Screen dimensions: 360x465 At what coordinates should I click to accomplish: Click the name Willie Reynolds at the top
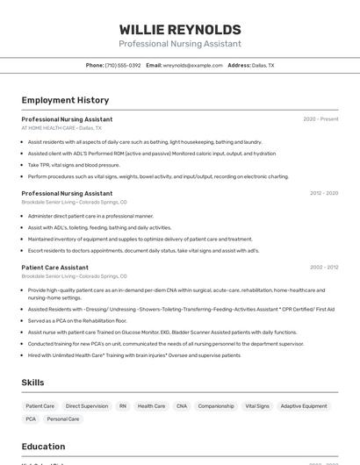180,30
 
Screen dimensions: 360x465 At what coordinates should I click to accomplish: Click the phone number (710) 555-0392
123,65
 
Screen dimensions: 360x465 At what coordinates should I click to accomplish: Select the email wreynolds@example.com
192,65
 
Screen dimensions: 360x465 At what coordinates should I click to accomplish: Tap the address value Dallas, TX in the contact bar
263,65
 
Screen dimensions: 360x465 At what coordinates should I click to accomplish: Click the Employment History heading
65,100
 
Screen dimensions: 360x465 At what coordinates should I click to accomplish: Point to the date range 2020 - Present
320,119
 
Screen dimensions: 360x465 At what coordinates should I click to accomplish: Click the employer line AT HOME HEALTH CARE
48,128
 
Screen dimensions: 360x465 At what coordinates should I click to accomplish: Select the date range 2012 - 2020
324,193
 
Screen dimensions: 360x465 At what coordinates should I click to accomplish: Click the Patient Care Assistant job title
54,267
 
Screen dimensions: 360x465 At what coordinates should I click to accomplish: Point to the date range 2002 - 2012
324,267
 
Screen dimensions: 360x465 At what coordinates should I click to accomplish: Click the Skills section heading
32,383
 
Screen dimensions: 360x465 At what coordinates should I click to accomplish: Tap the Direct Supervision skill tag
87,406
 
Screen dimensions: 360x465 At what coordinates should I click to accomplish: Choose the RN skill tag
123,406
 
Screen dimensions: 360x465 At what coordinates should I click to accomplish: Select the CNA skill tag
182,406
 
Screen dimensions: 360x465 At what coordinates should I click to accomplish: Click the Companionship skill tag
216,406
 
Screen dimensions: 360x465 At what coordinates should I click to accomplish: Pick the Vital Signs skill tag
257,406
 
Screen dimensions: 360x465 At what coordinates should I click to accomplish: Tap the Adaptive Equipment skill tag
303,406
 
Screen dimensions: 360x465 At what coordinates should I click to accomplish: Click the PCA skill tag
31,419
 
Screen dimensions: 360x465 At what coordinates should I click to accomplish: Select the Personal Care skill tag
63,419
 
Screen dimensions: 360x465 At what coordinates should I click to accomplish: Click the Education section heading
43,447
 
